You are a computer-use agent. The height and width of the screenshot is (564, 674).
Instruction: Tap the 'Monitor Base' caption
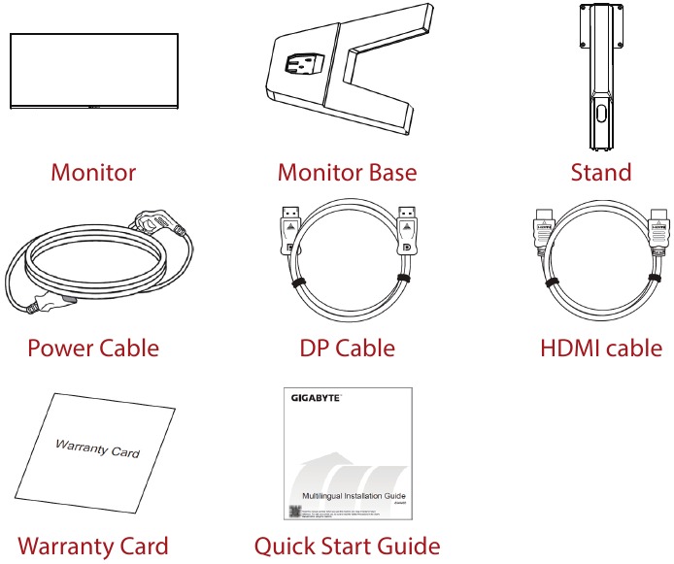pos(347,173)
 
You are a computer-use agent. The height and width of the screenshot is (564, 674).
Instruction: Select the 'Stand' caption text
pos(601,173)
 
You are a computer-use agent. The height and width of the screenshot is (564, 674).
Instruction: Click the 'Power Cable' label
pos(93,348)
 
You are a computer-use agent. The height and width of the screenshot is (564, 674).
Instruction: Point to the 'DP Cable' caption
pos(348,348)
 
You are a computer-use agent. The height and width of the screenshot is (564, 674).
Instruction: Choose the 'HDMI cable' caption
pos(601,348)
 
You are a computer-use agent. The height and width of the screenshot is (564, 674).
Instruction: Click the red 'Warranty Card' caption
pos(93,547)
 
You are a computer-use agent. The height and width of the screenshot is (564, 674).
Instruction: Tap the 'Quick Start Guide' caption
pos(347,547)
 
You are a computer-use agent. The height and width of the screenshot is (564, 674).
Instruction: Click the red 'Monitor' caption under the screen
pos(93,173)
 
